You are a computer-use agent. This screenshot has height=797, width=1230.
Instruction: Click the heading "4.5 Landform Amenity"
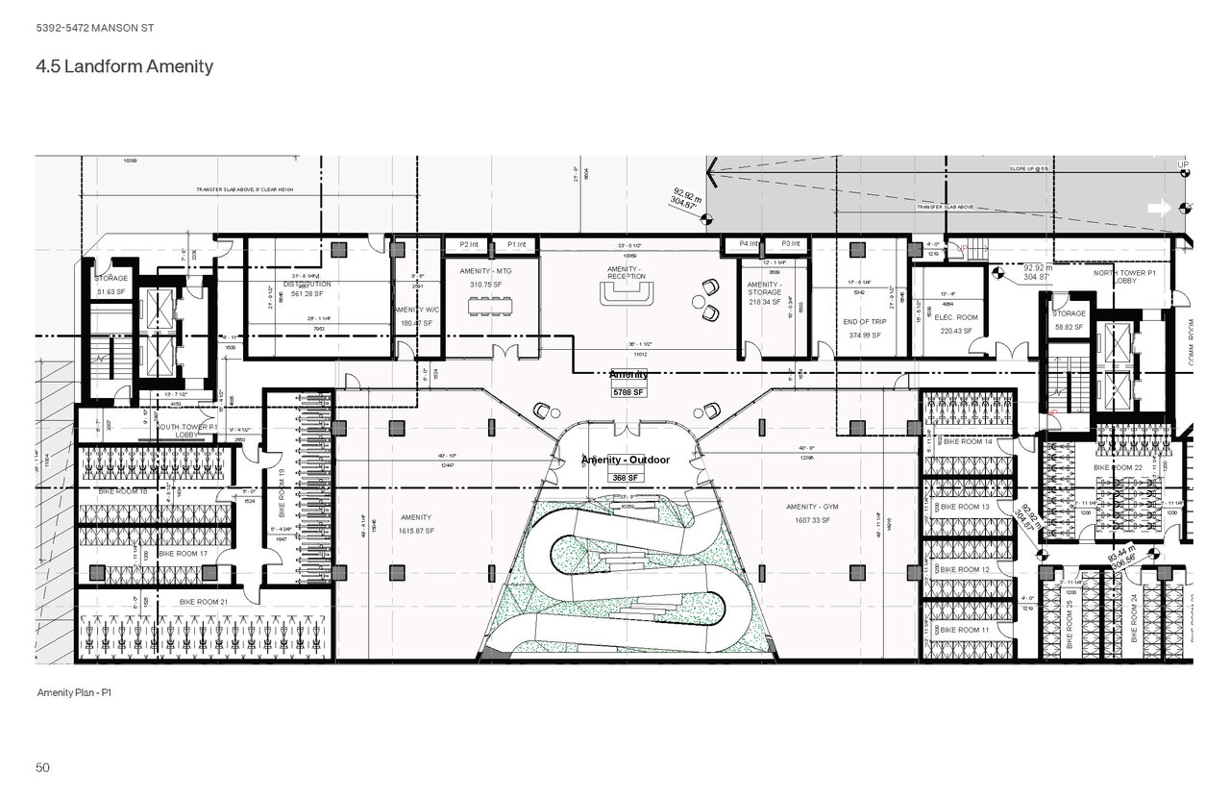point(124,67)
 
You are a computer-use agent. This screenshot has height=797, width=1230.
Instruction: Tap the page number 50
point(43,767)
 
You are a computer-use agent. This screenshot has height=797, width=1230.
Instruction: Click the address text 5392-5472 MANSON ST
point(94,28)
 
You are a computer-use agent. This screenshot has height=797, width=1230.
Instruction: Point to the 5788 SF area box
point(628,392)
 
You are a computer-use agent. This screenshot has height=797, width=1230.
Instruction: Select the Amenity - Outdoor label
point(625,461)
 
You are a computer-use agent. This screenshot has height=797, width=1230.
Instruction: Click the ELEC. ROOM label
point(956,317)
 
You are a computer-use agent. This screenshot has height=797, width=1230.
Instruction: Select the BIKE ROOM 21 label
point(205,602)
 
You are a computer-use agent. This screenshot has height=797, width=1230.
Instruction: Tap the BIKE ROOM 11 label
point(965,630)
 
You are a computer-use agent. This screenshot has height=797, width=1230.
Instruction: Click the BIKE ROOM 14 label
point(968,441)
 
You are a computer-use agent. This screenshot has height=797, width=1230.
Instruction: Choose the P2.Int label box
point(470,245)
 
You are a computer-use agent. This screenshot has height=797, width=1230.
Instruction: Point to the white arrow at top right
point(1160,207)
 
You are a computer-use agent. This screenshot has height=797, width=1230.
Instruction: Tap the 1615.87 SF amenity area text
point(416,531)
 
